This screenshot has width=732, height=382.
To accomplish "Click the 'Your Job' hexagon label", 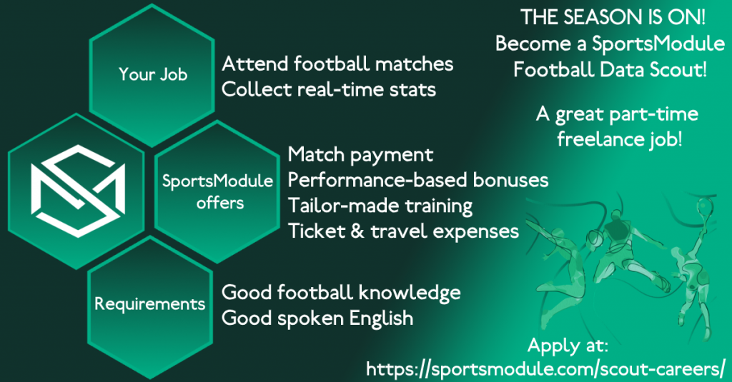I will [152, 74].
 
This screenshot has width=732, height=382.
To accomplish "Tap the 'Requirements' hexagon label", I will [149, 303].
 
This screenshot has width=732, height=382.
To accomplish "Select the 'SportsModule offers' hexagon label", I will [217, 191].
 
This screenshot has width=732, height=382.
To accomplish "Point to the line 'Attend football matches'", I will [337, 64].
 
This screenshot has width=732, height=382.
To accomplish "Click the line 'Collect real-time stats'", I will [329, 89].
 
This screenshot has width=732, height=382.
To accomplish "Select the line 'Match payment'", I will [360, 154].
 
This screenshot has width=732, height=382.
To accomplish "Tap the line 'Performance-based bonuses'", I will [418, 179].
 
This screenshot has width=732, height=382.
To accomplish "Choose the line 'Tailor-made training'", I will [380, 206].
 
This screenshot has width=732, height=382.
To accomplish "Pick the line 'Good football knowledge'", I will [341, 292].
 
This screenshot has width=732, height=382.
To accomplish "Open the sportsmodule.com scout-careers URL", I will [545, 368].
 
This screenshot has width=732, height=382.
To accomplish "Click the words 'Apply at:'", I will [568, 346].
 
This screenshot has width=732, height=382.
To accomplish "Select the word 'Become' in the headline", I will [530, 44].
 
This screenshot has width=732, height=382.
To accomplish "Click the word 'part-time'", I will [658, 114].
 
